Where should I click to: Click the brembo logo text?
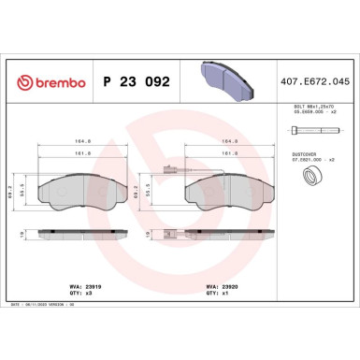click(47, 81)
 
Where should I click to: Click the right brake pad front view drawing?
click(227, 191)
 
